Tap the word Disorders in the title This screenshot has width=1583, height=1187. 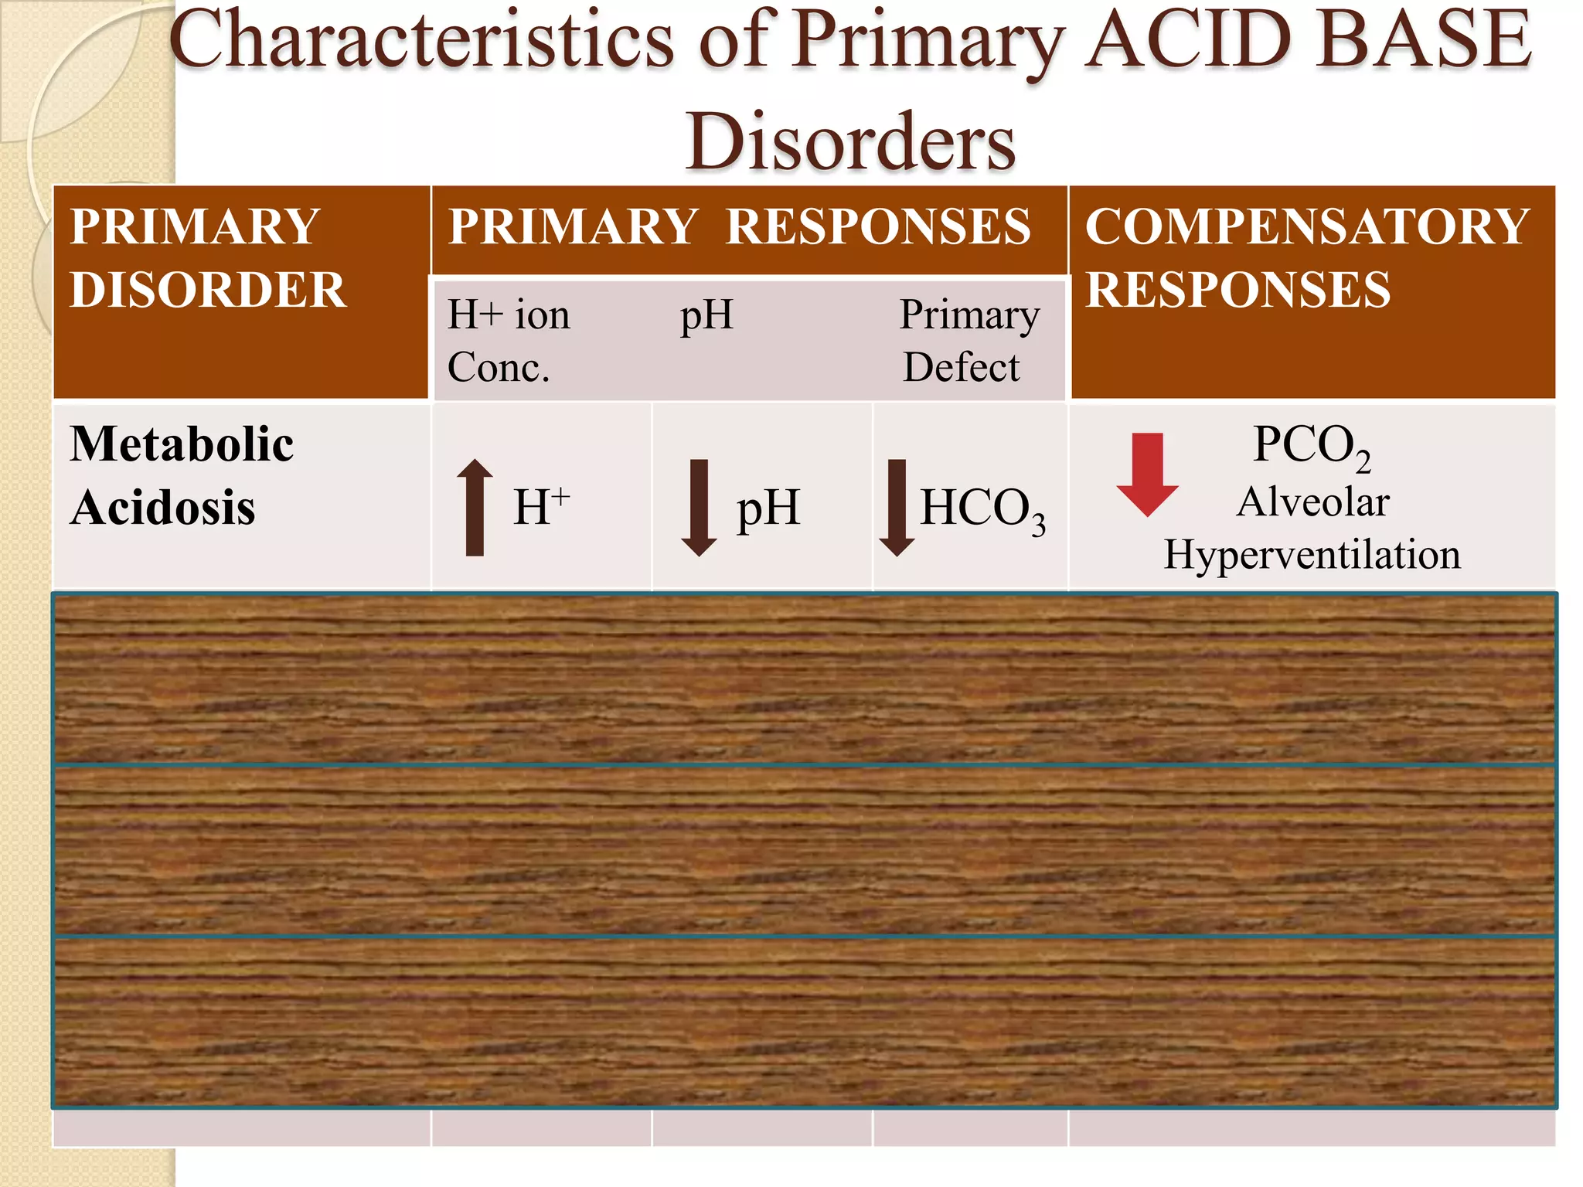click(850, 142)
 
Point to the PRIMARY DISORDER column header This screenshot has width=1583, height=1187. click(207, 258)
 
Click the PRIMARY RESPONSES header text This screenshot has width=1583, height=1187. click(740, 226)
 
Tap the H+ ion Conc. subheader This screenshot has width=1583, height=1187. click(509, 341)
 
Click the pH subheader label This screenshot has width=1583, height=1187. click(706, 315)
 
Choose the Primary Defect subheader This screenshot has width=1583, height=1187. click(969, 341)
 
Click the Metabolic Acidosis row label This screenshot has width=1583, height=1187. click(181, 475)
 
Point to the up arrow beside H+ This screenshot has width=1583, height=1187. click(475, 507)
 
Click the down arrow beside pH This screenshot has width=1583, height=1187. click(699, 507)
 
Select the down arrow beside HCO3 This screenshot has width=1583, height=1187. click(897, 507)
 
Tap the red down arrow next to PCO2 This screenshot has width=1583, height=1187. click(1147, 474)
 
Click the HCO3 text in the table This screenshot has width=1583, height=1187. click(982, 510)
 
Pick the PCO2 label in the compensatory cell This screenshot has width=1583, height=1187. click(1311, 446)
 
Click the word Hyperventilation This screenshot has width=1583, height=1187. click(1312, 555)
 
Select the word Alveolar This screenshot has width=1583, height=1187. click(1312, 502)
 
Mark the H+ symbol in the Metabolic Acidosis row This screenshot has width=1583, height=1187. click(541, 507)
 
